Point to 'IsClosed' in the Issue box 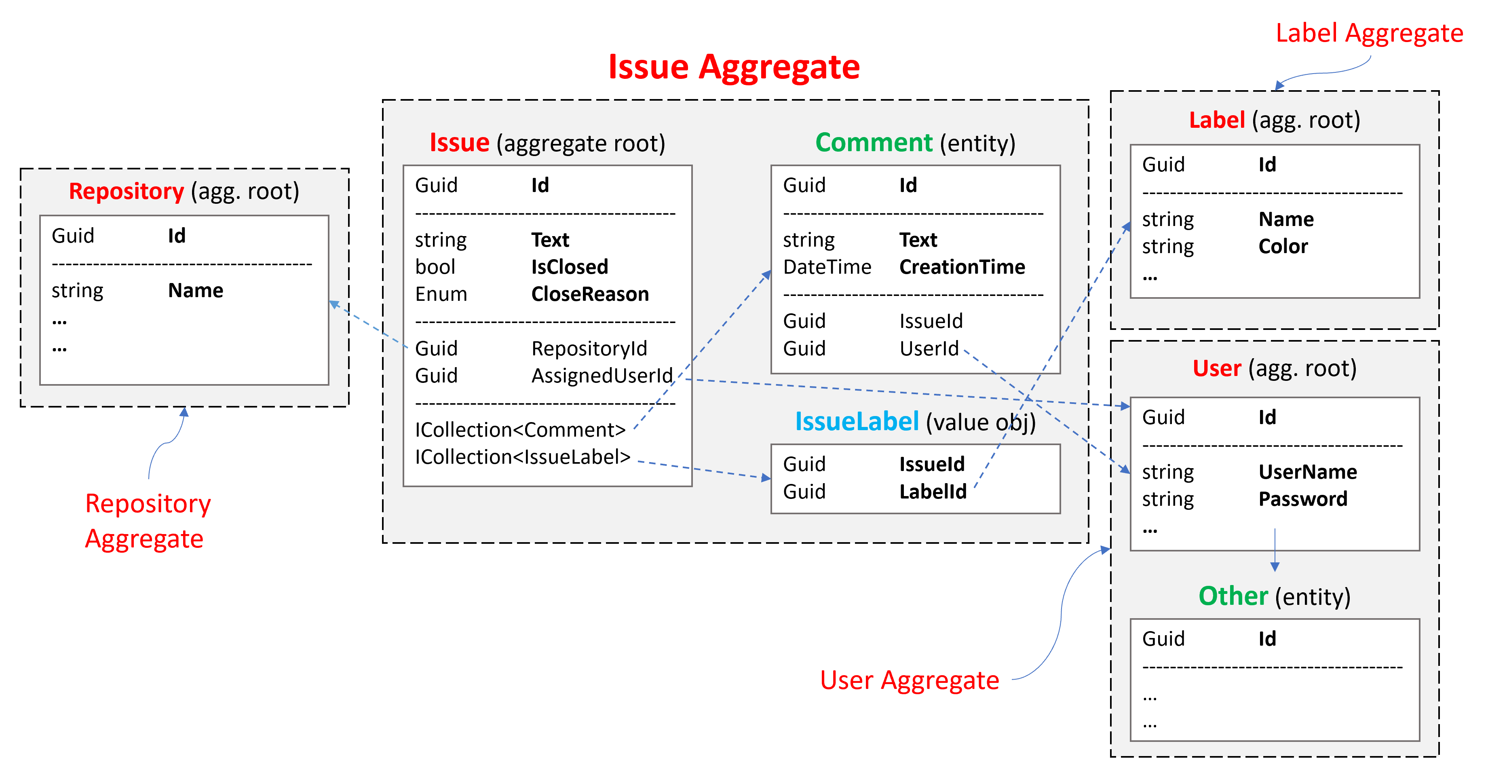pyautogui.click(x=570, y=267)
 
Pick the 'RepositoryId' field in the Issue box pyautogui.click(x=589, y=348)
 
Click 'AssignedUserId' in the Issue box pyautogui.click(x=602, y=376)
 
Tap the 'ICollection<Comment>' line pyautogui.click(x=520, y=430)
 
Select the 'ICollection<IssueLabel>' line pyautogui.click(x=522, y=457)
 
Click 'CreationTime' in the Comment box pyautogui.click(x=962, y=267)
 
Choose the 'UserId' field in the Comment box pyautogui.click(x=929, y=348)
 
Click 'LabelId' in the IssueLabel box pyautogui.click(x=933, y=492)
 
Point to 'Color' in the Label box pyautogui.click(x=1283, y=246)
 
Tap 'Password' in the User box pyautogui.click(x=1302, y=499)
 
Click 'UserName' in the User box pyautogui.click(x=1308, y=472)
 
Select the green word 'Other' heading pyautogui.click(x=1233, y=596)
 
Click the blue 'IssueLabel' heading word pyautogui.click(x=857, y=422)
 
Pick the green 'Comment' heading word pyautogui.click(x=874, y=143)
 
